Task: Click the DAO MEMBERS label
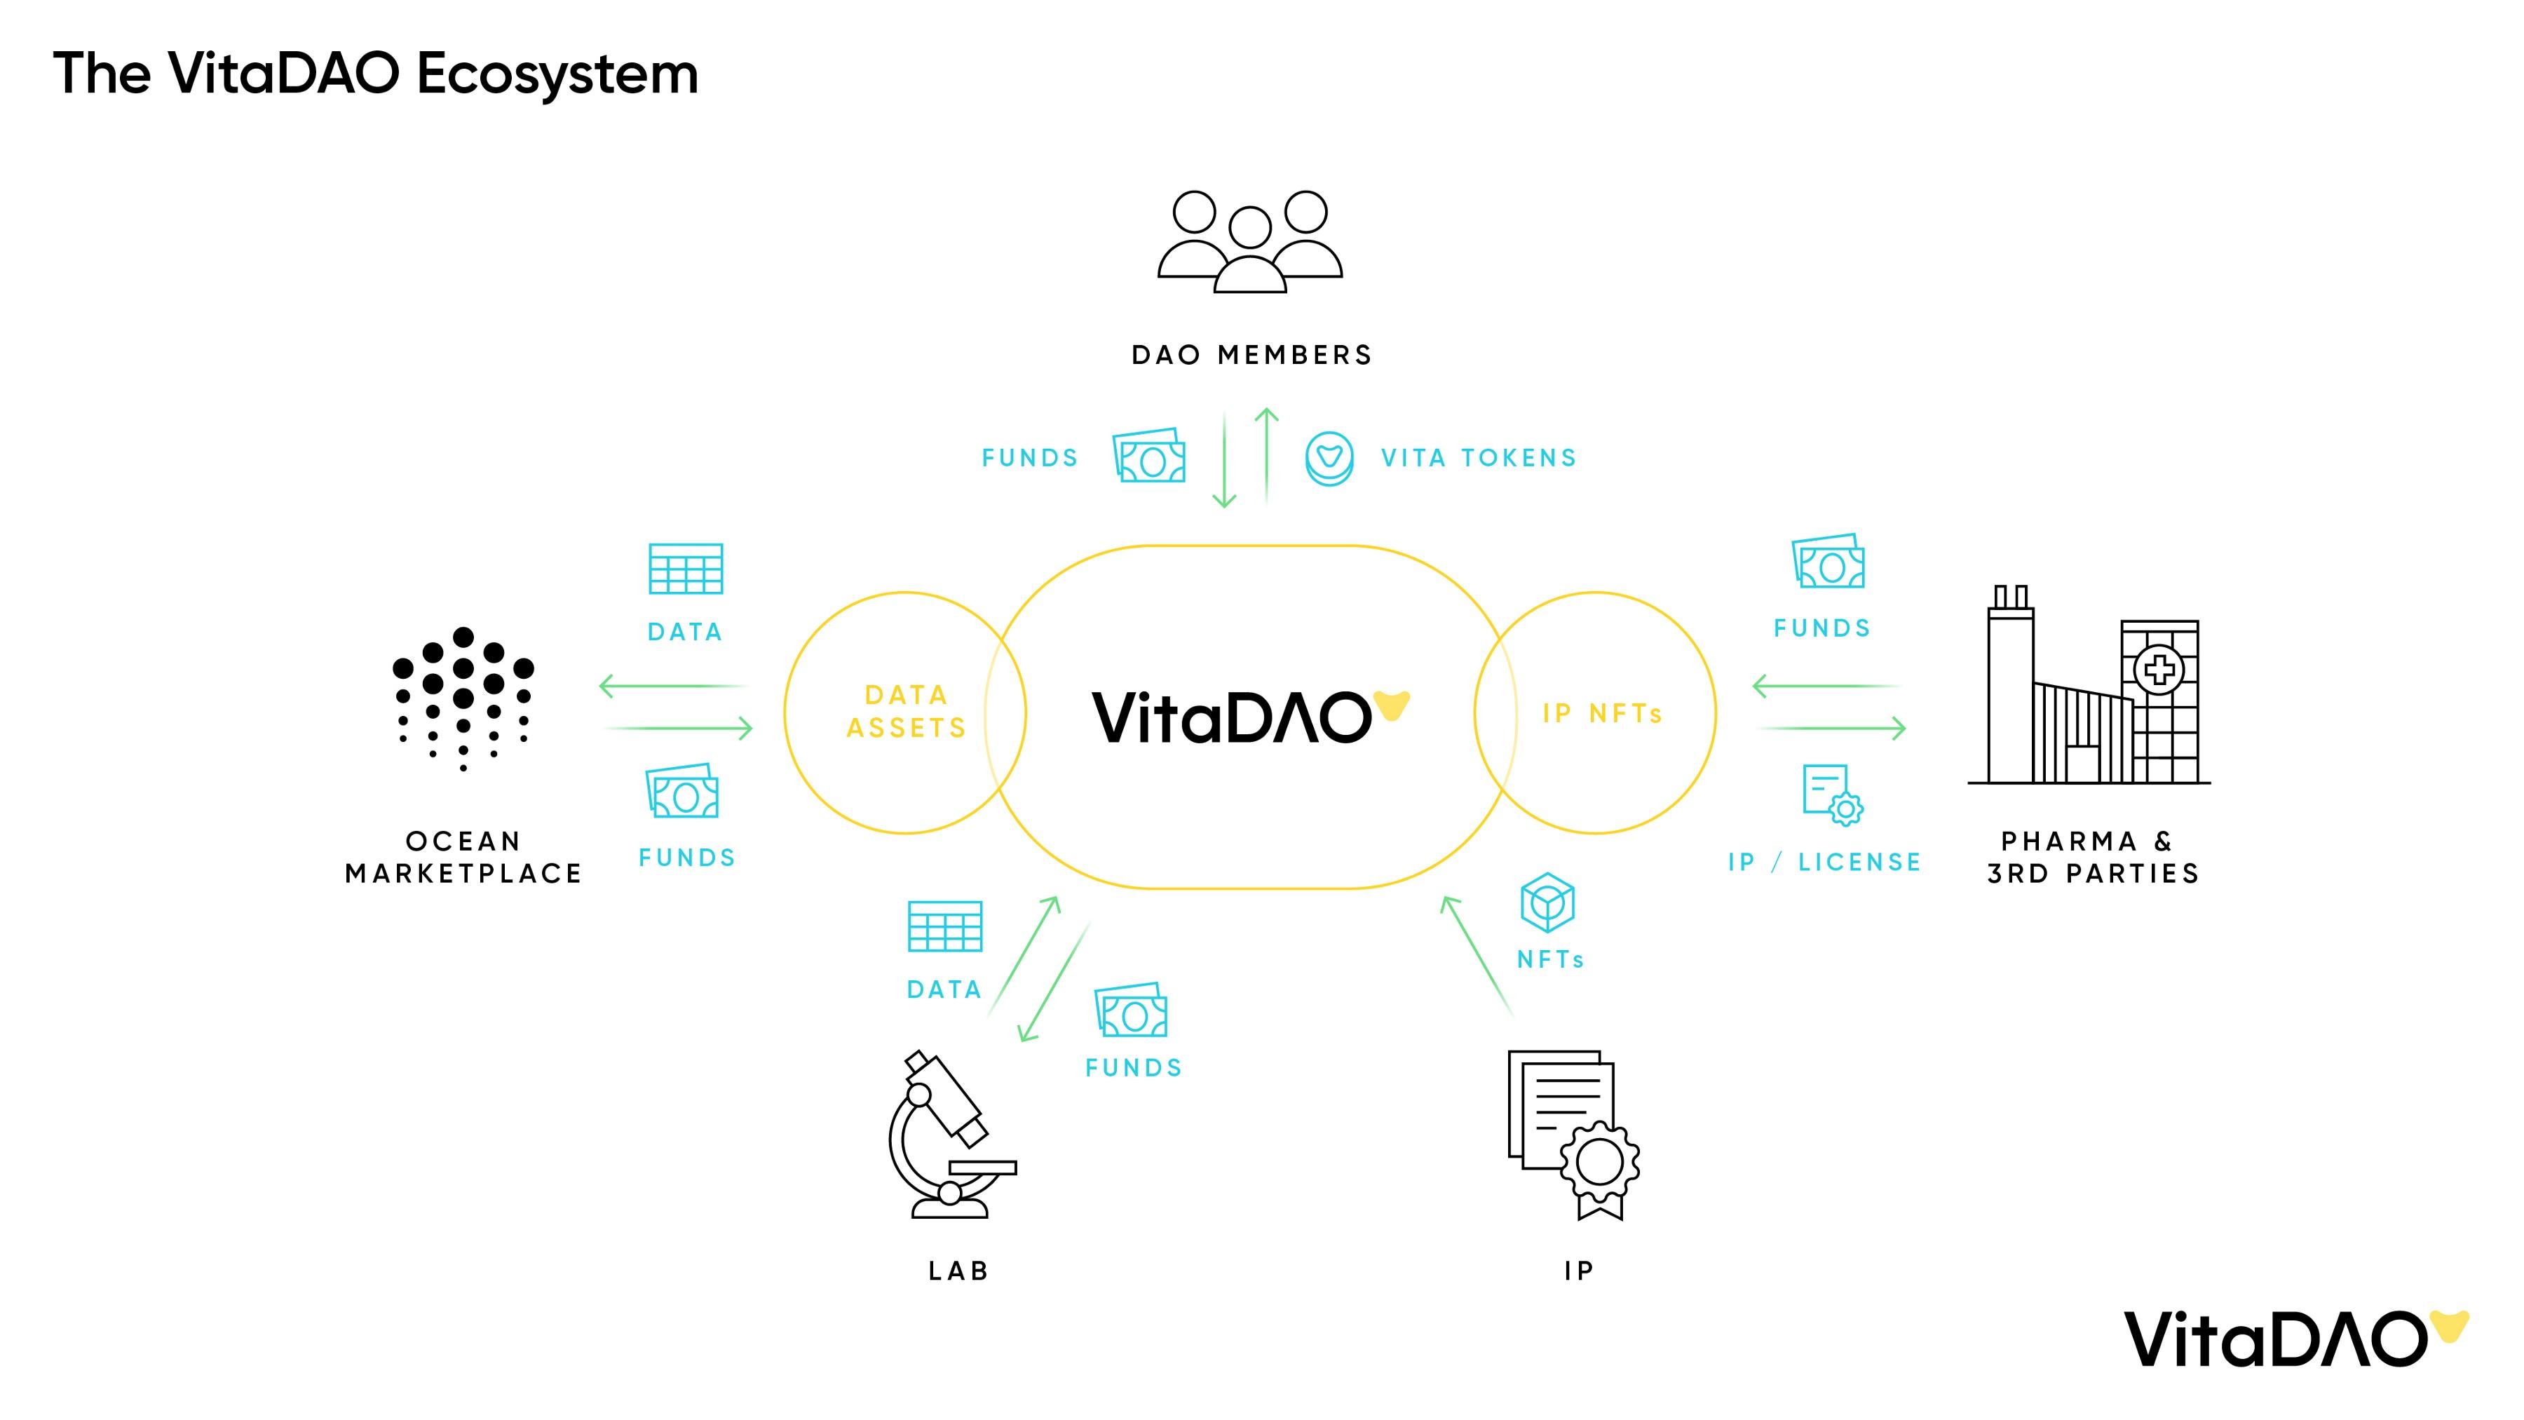point(1251,355)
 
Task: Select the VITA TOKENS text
point(1479,458)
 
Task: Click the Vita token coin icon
point(1329,459)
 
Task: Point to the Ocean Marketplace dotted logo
point(463,698)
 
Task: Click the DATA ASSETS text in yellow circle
point(907,712)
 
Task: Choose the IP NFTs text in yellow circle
point(1602,713)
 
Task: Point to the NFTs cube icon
point(1547,902)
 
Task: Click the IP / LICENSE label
point(1824,863)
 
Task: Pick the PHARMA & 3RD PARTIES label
point(2093,858)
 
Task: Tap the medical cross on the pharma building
point(2159,670)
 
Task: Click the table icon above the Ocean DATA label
point(686,569)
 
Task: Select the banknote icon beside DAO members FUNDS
point(1149,456)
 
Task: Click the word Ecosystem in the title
point(557,74)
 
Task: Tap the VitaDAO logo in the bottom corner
point(2293,1339)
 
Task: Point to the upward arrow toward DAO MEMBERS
point(1267,456)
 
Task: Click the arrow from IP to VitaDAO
point(1477,956)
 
